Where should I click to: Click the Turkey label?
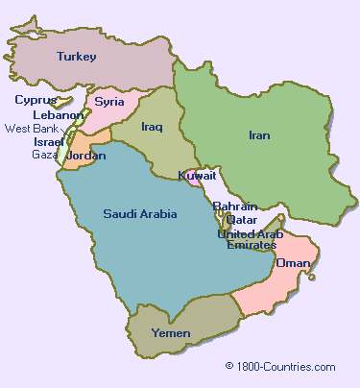[77, 57]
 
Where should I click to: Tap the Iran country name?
[259, 135]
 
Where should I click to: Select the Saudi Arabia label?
[139, 213]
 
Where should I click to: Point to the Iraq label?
[152, 126]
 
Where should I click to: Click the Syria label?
[109, 101]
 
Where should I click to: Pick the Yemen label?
[172, 333]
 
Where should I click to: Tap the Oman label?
[293, 262]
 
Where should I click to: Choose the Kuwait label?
[197, 176]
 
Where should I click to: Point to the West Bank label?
[31, 128]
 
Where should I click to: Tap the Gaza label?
[44, 154]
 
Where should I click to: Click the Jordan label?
[86, 155]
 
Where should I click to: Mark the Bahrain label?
[235, 206]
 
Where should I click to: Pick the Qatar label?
[242, 219]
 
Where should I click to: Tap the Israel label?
[48, 141]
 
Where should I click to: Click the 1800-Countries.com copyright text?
[280, 366]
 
